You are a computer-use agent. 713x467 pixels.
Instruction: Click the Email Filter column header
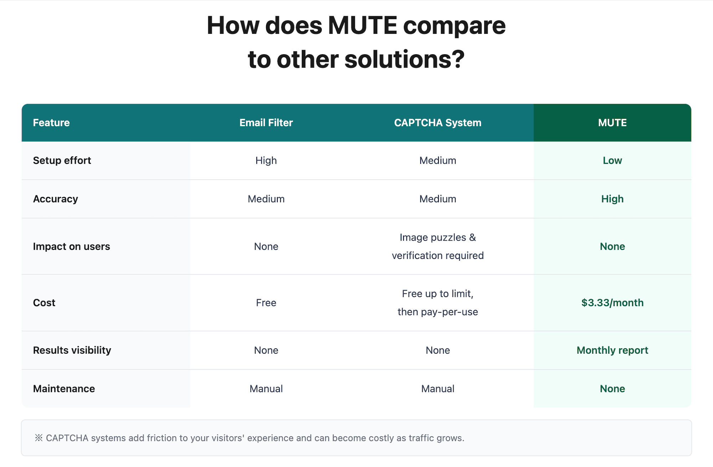click(266, 123)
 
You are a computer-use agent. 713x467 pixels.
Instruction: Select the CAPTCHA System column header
click(437, 123)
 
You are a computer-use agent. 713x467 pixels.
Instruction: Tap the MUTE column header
click(612, 123)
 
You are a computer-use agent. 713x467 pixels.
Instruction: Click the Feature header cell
click(51, 123)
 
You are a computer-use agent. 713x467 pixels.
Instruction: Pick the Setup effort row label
click(62, 160)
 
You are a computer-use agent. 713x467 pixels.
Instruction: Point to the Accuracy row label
click(55, 199)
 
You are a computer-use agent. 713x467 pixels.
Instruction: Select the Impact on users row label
click(71, 246)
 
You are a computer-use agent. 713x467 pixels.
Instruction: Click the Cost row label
click(44, 303)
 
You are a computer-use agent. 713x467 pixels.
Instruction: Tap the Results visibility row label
click(72, 350)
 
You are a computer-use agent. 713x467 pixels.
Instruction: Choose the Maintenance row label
click(64, 389)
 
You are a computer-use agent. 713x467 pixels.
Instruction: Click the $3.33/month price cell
click(612, 303)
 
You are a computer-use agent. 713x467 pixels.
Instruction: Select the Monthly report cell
click(612, 350)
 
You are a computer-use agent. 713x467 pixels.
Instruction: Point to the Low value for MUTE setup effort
click(612, 160)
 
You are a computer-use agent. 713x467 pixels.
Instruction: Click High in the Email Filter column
click(266, 161)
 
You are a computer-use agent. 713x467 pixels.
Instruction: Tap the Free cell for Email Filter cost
click(266, 303)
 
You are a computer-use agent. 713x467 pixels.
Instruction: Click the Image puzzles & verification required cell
click(437, 246)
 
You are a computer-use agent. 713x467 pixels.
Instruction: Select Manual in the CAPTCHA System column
click(437, 389)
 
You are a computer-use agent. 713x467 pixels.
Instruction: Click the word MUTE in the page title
click(362, 26)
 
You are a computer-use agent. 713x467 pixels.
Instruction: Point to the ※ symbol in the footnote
click(39, 438)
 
